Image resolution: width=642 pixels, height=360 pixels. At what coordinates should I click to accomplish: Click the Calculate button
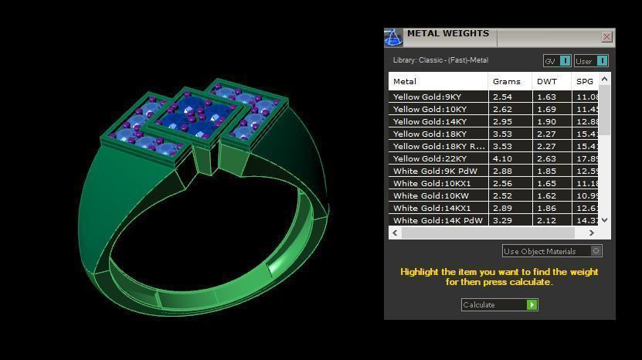pos(499,304)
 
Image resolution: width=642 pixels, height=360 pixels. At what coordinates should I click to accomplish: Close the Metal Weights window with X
pos(606,36)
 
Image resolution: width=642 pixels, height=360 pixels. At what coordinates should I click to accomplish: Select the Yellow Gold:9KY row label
pos(427,97)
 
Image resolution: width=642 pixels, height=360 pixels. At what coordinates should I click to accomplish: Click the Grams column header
pos(507,81)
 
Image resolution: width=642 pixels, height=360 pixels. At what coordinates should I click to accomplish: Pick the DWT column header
pos(547,81)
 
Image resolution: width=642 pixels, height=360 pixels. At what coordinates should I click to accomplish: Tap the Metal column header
pos(405,81)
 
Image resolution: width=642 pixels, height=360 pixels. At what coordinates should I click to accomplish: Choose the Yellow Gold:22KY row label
pos(430,159)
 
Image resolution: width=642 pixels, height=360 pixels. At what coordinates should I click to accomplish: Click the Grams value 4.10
pos(502,159)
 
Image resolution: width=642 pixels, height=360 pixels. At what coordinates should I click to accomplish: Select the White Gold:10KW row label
pos(430,196)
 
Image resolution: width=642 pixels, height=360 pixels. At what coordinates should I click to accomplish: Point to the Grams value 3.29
pos(502,221)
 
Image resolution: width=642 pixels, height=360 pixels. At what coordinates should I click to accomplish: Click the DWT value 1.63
pos(546,97)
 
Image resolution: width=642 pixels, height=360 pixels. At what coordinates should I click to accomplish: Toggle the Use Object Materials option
pos(596,251)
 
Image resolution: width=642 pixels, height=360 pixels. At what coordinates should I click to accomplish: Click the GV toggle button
pos(556,61)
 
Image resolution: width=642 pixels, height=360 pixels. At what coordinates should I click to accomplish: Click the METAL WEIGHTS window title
pos(448,34)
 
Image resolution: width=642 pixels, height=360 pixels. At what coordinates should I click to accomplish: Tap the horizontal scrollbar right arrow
pos(592,233)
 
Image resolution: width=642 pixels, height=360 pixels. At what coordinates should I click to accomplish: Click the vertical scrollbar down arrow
pos(604,220)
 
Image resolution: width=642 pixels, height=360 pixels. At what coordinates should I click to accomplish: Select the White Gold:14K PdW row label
pos(438,221)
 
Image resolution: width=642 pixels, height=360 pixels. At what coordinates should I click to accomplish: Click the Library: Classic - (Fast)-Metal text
pos(440,60)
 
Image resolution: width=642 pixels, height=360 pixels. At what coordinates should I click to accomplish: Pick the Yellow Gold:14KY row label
pos(430,122)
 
